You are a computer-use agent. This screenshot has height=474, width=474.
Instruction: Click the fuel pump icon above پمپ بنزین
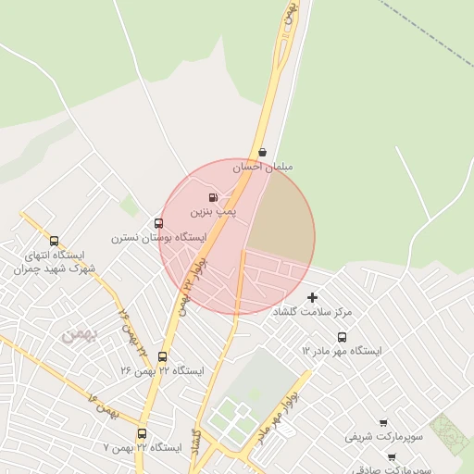coord(214,197)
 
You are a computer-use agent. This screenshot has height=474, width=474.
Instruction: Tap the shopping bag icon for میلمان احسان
coord(263,152)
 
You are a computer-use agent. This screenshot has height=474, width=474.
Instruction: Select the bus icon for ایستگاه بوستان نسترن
coord(158,223)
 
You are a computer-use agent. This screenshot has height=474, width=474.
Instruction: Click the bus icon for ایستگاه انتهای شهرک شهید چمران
coord(54,242)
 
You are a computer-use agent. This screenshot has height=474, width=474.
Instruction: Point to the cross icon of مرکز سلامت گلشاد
coord(312,298)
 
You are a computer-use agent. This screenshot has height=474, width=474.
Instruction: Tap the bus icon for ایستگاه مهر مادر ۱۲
coord(342,338)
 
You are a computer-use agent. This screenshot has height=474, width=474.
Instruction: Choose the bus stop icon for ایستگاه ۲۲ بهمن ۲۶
coord(163,356)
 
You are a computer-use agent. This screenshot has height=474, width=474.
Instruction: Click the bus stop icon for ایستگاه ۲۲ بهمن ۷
coord(142,433)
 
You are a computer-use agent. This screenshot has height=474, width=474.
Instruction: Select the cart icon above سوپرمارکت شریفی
coord(382,422)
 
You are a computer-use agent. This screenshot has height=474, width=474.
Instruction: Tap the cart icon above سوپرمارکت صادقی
coord(392,456)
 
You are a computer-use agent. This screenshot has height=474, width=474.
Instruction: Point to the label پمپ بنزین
coord(214,212)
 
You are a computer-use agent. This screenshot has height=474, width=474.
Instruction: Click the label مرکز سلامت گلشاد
coord(312,313)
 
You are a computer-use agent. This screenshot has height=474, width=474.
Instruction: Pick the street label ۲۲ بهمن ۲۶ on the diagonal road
coord(132,332)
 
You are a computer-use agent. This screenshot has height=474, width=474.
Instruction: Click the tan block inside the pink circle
coord(281,218)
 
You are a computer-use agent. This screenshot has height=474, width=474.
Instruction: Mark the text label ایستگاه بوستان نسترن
coord(143,238)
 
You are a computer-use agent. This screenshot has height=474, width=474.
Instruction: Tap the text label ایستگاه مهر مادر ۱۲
coord(342,352)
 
